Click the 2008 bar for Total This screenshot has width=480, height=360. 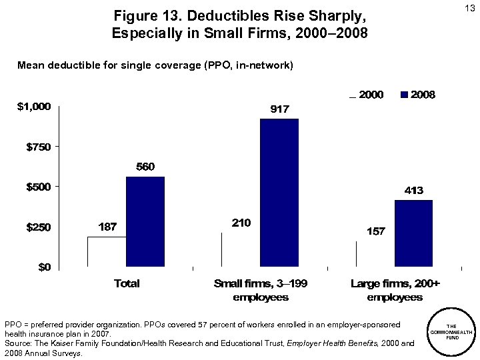click(x=145, y=221)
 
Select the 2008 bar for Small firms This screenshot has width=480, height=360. click(x=279, y=193)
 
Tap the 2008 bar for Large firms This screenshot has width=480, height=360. click(x=413, y=233)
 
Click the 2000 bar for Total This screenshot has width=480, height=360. click(x=107, y=251)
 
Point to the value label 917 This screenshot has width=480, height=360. click(x=279, y=109)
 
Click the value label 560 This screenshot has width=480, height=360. click(x=145, y=167)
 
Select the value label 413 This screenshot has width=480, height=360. click(x=414, y=191)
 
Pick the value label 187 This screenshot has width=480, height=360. click(x=107, y=227)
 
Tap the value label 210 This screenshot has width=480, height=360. click(x=241, y=223)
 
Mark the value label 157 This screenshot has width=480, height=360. click(x=375, y=231)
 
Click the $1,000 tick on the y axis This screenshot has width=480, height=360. click(x=33, y=106)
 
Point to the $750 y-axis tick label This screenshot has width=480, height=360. click(x=37, y=147)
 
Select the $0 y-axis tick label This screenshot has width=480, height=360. click(x=43, y=267)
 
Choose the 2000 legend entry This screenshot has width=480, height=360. click(x=367, y=95)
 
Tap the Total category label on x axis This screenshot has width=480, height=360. click(x=127, y=283)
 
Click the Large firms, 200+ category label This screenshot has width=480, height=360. click(x=395, y=290)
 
